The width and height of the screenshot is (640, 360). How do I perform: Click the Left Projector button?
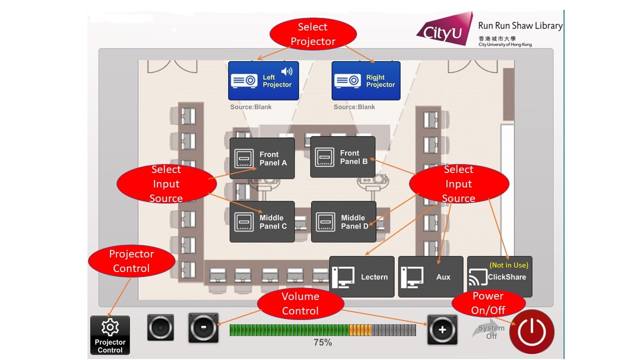(263, 81)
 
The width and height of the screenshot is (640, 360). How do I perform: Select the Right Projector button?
(366, 81)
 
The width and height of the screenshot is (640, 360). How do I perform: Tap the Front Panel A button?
(262, 158)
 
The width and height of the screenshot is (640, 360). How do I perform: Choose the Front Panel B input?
(342, 157)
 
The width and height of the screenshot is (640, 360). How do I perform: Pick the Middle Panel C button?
(262, 222)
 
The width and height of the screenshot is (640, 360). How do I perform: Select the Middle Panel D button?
(343, 221)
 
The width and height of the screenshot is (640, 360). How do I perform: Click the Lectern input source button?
(361, 277)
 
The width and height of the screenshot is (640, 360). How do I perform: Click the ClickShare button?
(499, 277)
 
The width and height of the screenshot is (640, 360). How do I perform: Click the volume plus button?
(442, 329)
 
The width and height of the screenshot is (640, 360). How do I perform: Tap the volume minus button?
(203, 328)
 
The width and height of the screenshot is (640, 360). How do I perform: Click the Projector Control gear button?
(110, 335)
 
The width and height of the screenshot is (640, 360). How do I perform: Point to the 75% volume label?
(322, 343)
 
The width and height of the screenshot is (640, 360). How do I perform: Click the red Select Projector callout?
(313, 34)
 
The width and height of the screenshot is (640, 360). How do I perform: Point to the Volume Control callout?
(300, 303)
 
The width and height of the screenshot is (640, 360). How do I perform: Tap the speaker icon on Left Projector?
(287, 71)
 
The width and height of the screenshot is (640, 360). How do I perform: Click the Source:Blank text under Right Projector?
(354, 107)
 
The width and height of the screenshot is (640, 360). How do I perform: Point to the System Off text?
(491, 332)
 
